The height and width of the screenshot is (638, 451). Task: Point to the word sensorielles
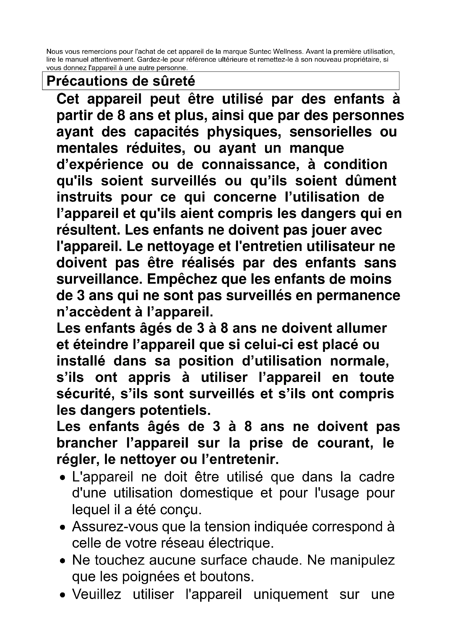point(330,132)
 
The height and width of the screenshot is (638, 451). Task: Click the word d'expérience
point(100,165)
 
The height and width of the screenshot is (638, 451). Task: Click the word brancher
point(87,443)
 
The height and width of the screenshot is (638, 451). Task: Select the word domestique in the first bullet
point(216,493)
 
